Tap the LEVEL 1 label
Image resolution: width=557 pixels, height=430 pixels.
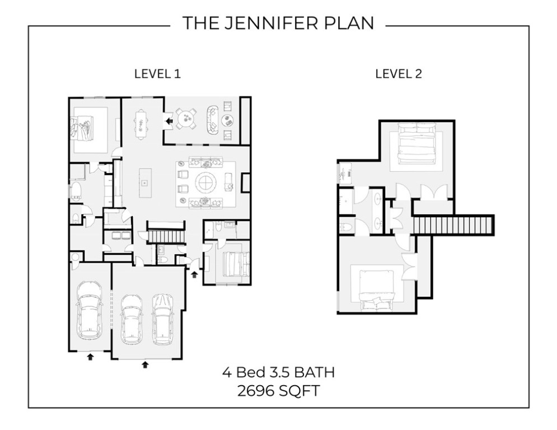157,74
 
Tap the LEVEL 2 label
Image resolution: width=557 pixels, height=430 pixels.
398,74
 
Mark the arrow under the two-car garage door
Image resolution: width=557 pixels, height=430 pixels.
145,364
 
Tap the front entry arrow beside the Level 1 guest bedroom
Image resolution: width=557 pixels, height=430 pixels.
195,274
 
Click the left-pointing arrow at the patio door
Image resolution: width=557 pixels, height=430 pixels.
167,120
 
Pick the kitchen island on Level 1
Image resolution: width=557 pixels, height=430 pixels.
144,183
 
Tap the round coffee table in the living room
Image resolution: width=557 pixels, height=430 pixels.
206,183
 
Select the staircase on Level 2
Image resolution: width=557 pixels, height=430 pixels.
454,225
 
